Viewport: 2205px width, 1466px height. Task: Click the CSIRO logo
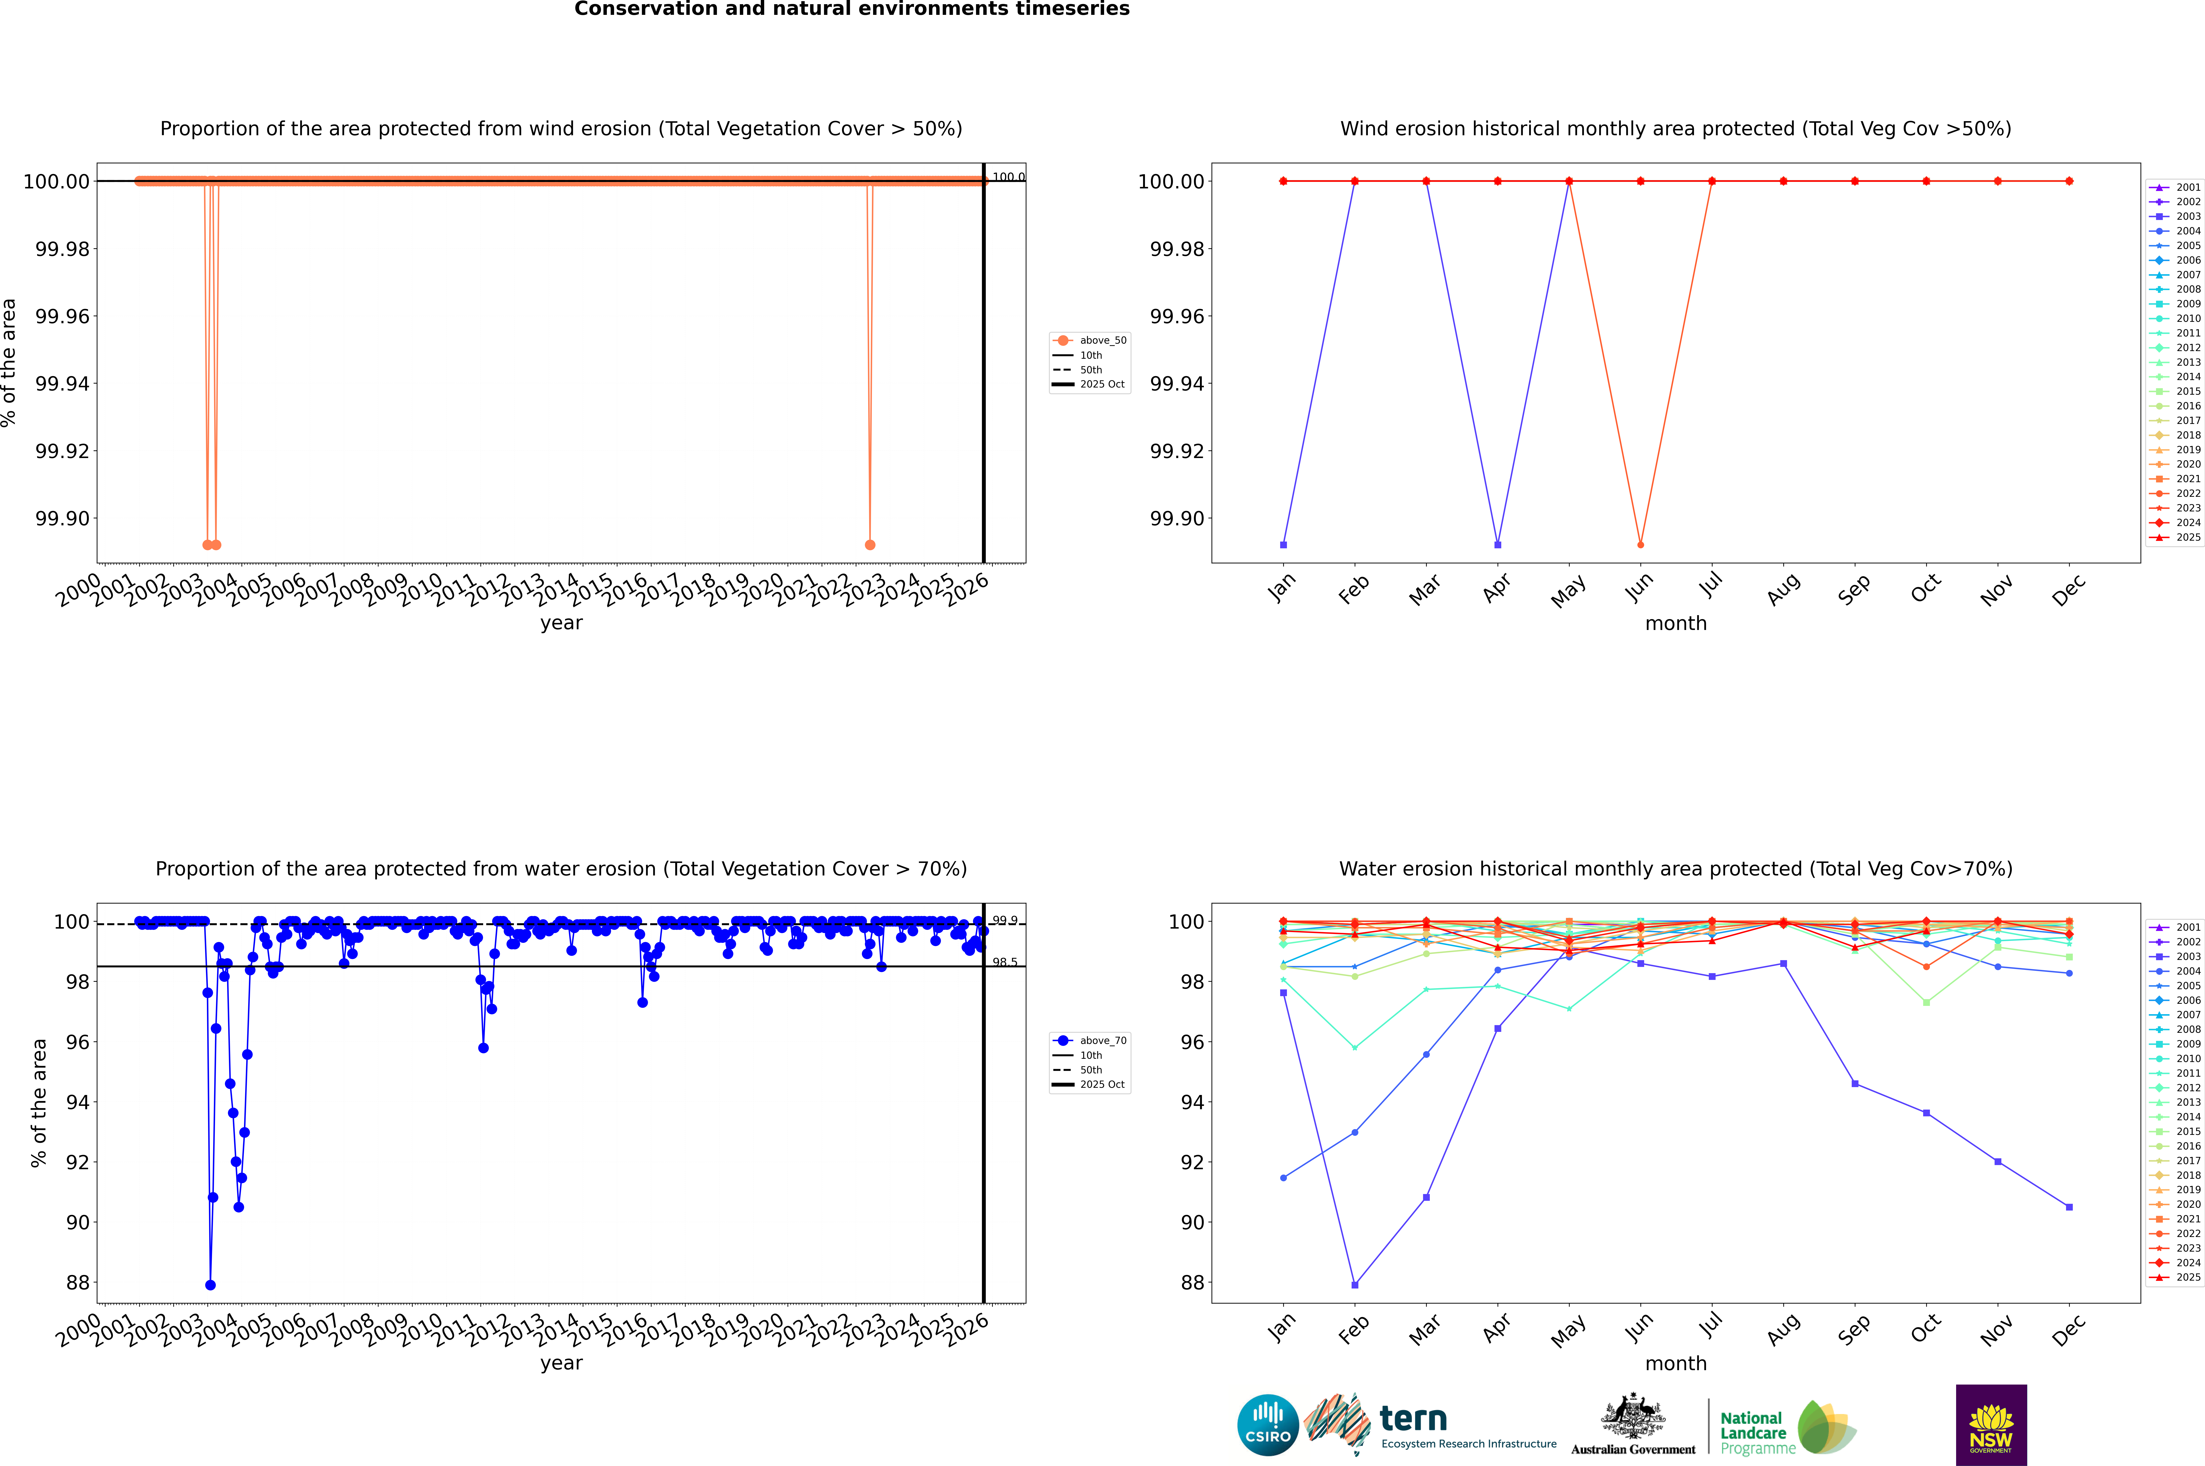(x=1267, y=1425)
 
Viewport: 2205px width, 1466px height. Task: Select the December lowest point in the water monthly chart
(x=2069, y=1207)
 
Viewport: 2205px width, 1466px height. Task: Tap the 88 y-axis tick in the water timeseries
(x=77, y=1283)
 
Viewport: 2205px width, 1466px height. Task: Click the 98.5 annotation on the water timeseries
(x=1005, y=962)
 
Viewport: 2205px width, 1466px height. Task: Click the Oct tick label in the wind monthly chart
(x=1925, y=589)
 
